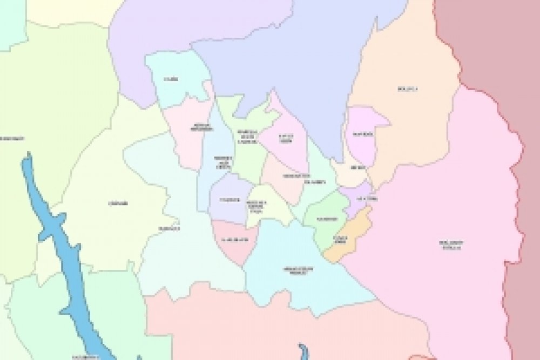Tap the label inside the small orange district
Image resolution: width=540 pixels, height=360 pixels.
click(340, 239)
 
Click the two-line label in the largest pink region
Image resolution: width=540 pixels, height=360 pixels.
click(451, 245)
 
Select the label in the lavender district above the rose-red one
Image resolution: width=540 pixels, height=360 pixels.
click(230, 200)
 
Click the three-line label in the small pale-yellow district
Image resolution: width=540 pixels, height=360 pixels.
click(256, 206)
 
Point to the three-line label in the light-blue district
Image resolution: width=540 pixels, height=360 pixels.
click(222, 161)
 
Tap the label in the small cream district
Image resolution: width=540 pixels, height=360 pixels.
click(357, 168)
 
